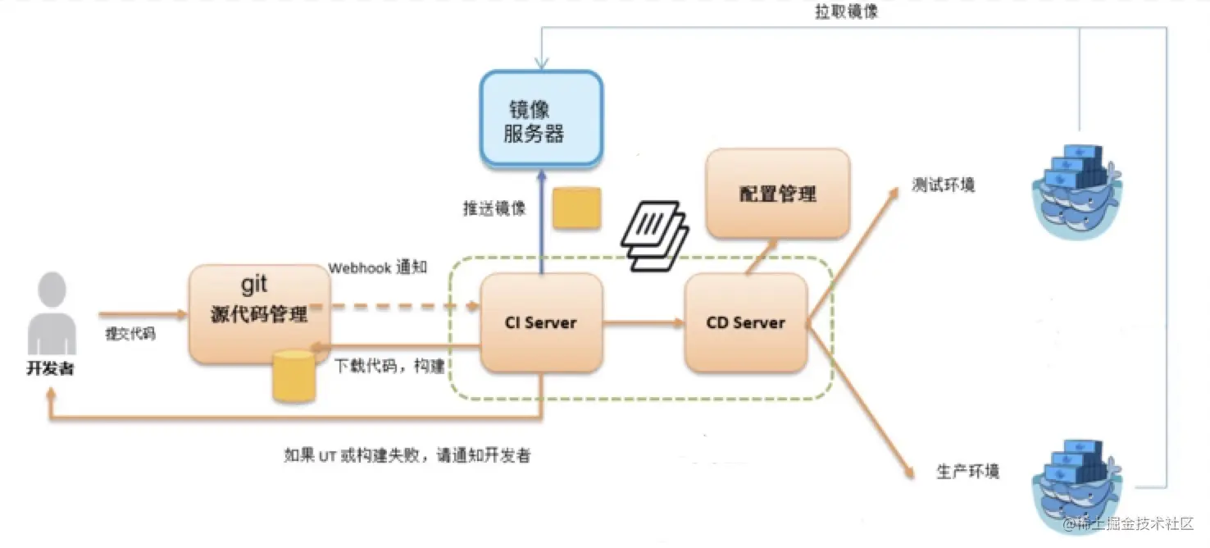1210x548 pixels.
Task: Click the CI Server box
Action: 541,322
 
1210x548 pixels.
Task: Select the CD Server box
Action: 745,322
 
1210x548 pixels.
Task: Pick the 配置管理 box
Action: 777,194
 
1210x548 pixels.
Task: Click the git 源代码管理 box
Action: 259,313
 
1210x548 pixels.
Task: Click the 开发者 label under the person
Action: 50,368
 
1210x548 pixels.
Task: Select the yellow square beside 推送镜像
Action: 576,208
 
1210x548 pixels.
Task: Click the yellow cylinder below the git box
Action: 293,376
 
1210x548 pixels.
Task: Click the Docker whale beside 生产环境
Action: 1075,483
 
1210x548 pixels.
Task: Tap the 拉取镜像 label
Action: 846,13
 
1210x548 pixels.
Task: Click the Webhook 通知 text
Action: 377,268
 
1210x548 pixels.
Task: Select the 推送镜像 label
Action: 494,208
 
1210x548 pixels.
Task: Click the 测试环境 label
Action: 944,185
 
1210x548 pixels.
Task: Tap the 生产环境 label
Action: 968,472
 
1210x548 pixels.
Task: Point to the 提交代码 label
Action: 130,334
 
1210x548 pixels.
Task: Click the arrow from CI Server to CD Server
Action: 644,323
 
